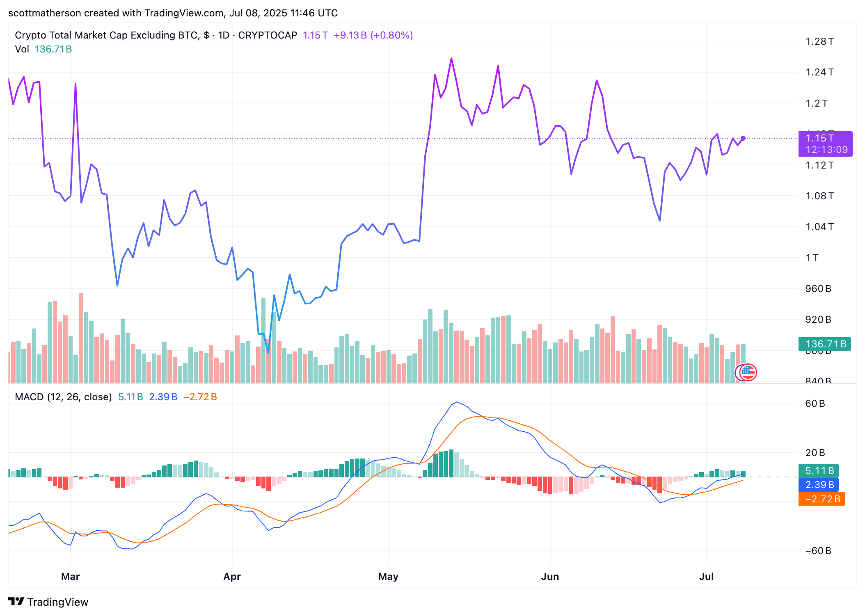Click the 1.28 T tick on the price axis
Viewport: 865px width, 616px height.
tap(819, 41)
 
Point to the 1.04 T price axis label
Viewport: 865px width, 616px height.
tap(819, 227)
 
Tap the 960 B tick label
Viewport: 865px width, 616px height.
tap(818, 289)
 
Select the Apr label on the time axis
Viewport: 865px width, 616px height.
tap(232, 576)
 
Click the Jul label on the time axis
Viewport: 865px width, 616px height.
tap(706, 576)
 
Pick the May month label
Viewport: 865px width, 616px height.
tap(388, 576)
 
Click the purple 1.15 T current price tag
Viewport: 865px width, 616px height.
tap(825, 144)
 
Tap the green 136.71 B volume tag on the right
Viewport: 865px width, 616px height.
tap(825, 344)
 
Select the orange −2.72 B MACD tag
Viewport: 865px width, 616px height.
tap(822, 499)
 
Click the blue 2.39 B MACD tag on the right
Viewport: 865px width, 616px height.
tap(819, 485)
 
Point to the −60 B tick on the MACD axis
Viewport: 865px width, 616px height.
tap(818, 551)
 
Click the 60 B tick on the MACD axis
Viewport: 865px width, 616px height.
tap(815, 404)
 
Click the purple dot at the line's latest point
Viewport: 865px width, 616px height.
tap(743, 138)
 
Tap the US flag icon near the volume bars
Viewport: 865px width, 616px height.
tap(748, 372)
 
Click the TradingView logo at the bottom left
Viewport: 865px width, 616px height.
tap(48, 602)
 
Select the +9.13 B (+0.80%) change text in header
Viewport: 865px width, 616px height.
tap(373, 35)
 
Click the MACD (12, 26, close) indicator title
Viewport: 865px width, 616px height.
tap(63, 397)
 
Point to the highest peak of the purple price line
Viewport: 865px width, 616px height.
tap(451, 59)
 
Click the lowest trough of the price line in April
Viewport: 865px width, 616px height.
tap(268, 353)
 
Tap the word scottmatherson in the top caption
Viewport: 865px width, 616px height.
tap(44, 13)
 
